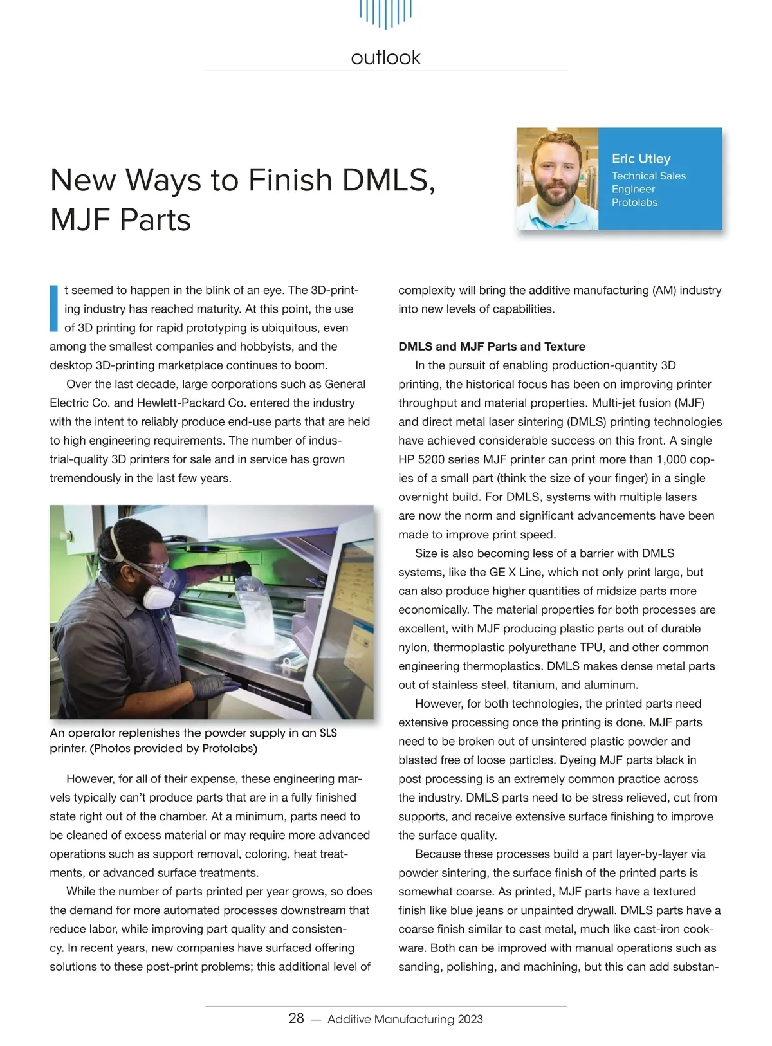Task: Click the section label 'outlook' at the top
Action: coord(385,58)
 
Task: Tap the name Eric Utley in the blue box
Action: coord(641,159)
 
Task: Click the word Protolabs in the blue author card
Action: coord(634,203)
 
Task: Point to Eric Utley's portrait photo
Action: coord(557,179)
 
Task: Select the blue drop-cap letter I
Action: coord(54,308)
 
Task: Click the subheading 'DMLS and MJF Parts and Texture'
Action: coord(492,347)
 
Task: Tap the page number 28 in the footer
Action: coord(296,1018)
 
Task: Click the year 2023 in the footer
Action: coord(470,1019)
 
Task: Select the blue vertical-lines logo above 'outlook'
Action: coord(385,13)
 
